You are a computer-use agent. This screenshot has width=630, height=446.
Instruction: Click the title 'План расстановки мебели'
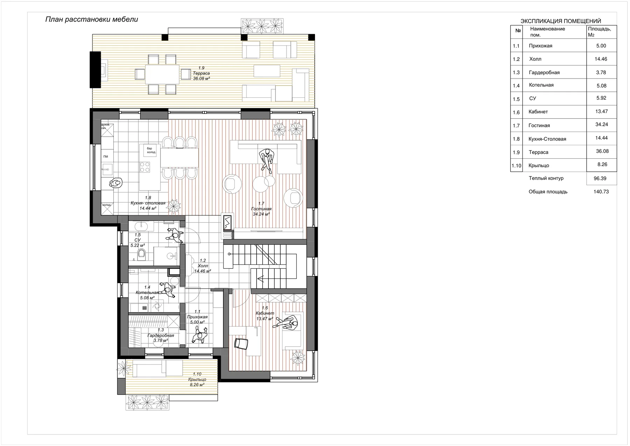coord(92,20)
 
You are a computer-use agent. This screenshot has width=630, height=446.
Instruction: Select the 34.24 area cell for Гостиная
coord(601,125)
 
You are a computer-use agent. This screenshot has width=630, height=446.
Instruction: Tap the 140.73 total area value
coord(601,192)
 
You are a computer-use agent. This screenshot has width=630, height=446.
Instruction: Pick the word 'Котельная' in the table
coord(541,85)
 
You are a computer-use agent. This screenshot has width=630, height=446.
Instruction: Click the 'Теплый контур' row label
coord(546,178)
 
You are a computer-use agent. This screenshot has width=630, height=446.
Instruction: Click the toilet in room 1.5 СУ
coord(141,254)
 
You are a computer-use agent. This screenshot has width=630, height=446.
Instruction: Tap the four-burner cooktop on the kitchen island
coord(145,167)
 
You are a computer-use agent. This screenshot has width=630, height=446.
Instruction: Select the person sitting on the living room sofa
coord(267,159)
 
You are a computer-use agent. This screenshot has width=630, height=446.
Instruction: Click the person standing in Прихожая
coord(199,335)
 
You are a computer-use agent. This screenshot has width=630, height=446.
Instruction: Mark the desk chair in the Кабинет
coord(241,343)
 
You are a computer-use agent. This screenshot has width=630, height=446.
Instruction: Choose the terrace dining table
coord(162,74)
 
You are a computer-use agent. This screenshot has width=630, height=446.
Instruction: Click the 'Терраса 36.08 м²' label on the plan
coord(201,73)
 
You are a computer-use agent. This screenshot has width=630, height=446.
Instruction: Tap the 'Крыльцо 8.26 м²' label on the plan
coord(197,379)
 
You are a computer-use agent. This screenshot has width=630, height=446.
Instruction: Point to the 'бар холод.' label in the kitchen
coord(151,150)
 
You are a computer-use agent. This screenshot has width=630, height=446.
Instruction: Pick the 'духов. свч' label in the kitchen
coord(105,126)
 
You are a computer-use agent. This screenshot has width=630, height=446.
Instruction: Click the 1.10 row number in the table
coord(516,165)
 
